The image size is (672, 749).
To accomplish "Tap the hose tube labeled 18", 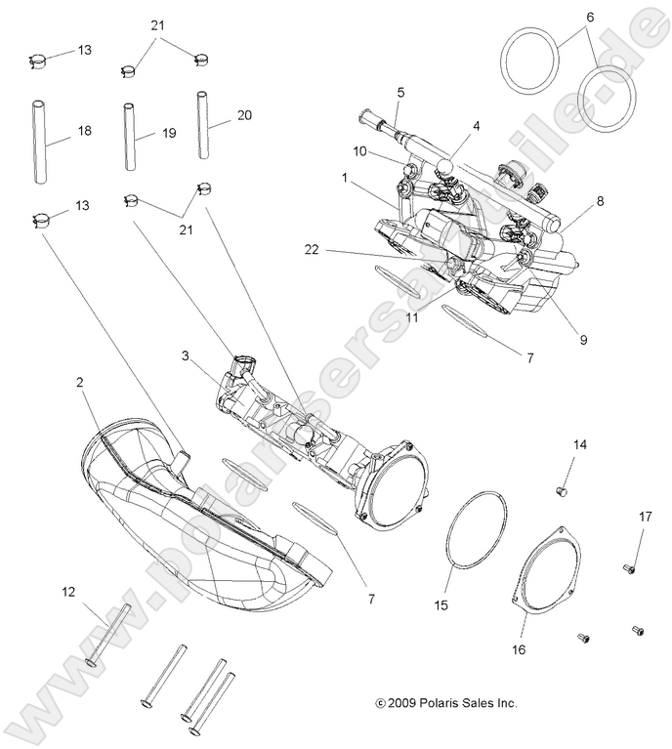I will click(x=38, y=141).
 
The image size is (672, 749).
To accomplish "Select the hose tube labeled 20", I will click(x=203, y=124).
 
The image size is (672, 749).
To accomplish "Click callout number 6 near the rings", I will click(x=589, y=17).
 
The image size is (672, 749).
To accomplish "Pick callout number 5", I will click(x=400, y=93).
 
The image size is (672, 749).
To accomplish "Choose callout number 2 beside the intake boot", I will click(x=80, y=384).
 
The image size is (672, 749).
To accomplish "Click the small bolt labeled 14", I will click(x=562, y=488).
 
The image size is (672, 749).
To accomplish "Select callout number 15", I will click(x=441, y=605).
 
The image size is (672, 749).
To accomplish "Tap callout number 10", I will click(x=359, y=151).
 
